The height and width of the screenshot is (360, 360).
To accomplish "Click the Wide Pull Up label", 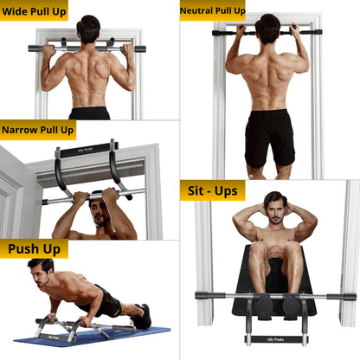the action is pyautogui.click(x=34, y=12).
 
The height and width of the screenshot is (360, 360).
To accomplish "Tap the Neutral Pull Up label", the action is pyautogui.click(x=213, y=11).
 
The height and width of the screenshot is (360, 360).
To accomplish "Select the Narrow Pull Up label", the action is pyautogui.click(x=37, y=130).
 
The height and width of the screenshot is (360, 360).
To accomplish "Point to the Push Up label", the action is pyautogui.click(x=34, y=249).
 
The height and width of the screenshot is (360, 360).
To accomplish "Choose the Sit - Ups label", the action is pyautogui.click(x=213, y=191).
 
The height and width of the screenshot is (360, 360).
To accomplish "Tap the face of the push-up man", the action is pyautogui.click(x=41, y=276).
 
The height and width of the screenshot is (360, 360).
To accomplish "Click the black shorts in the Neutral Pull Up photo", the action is pyautogui.click(x=270, y=138).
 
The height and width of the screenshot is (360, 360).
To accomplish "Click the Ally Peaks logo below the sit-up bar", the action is pyautogui.click(x=275, y=339).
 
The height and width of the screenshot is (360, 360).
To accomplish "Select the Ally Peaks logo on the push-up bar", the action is pyautogui.click(x=54, y=337).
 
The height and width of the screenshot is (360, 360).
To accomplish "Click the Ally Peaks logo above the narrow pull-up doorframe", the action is pyautogui.click(x=86, y=150).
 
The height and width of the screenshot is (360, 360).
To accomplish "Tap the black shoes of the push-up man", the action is pyautogui.click(x=142, y=317).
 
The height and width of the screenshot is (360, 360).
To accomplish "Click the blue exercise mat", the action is pyautogui.click(x=93, y=337).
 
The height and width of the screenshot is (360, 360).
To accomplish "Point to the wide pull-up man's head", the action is pyautogui.click(x=88, y=29).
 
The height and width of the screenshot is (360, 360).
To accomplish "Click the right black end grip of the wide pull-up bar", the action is pyautogui.click(x=140, y=48).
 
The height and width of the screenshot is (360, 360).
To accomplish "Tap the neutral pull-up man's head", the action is pyautogui.click(x=267, y=29).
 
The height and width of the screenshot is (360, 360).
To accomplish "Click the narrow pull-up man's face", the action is pyautogui.click(x=99, y=213).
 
